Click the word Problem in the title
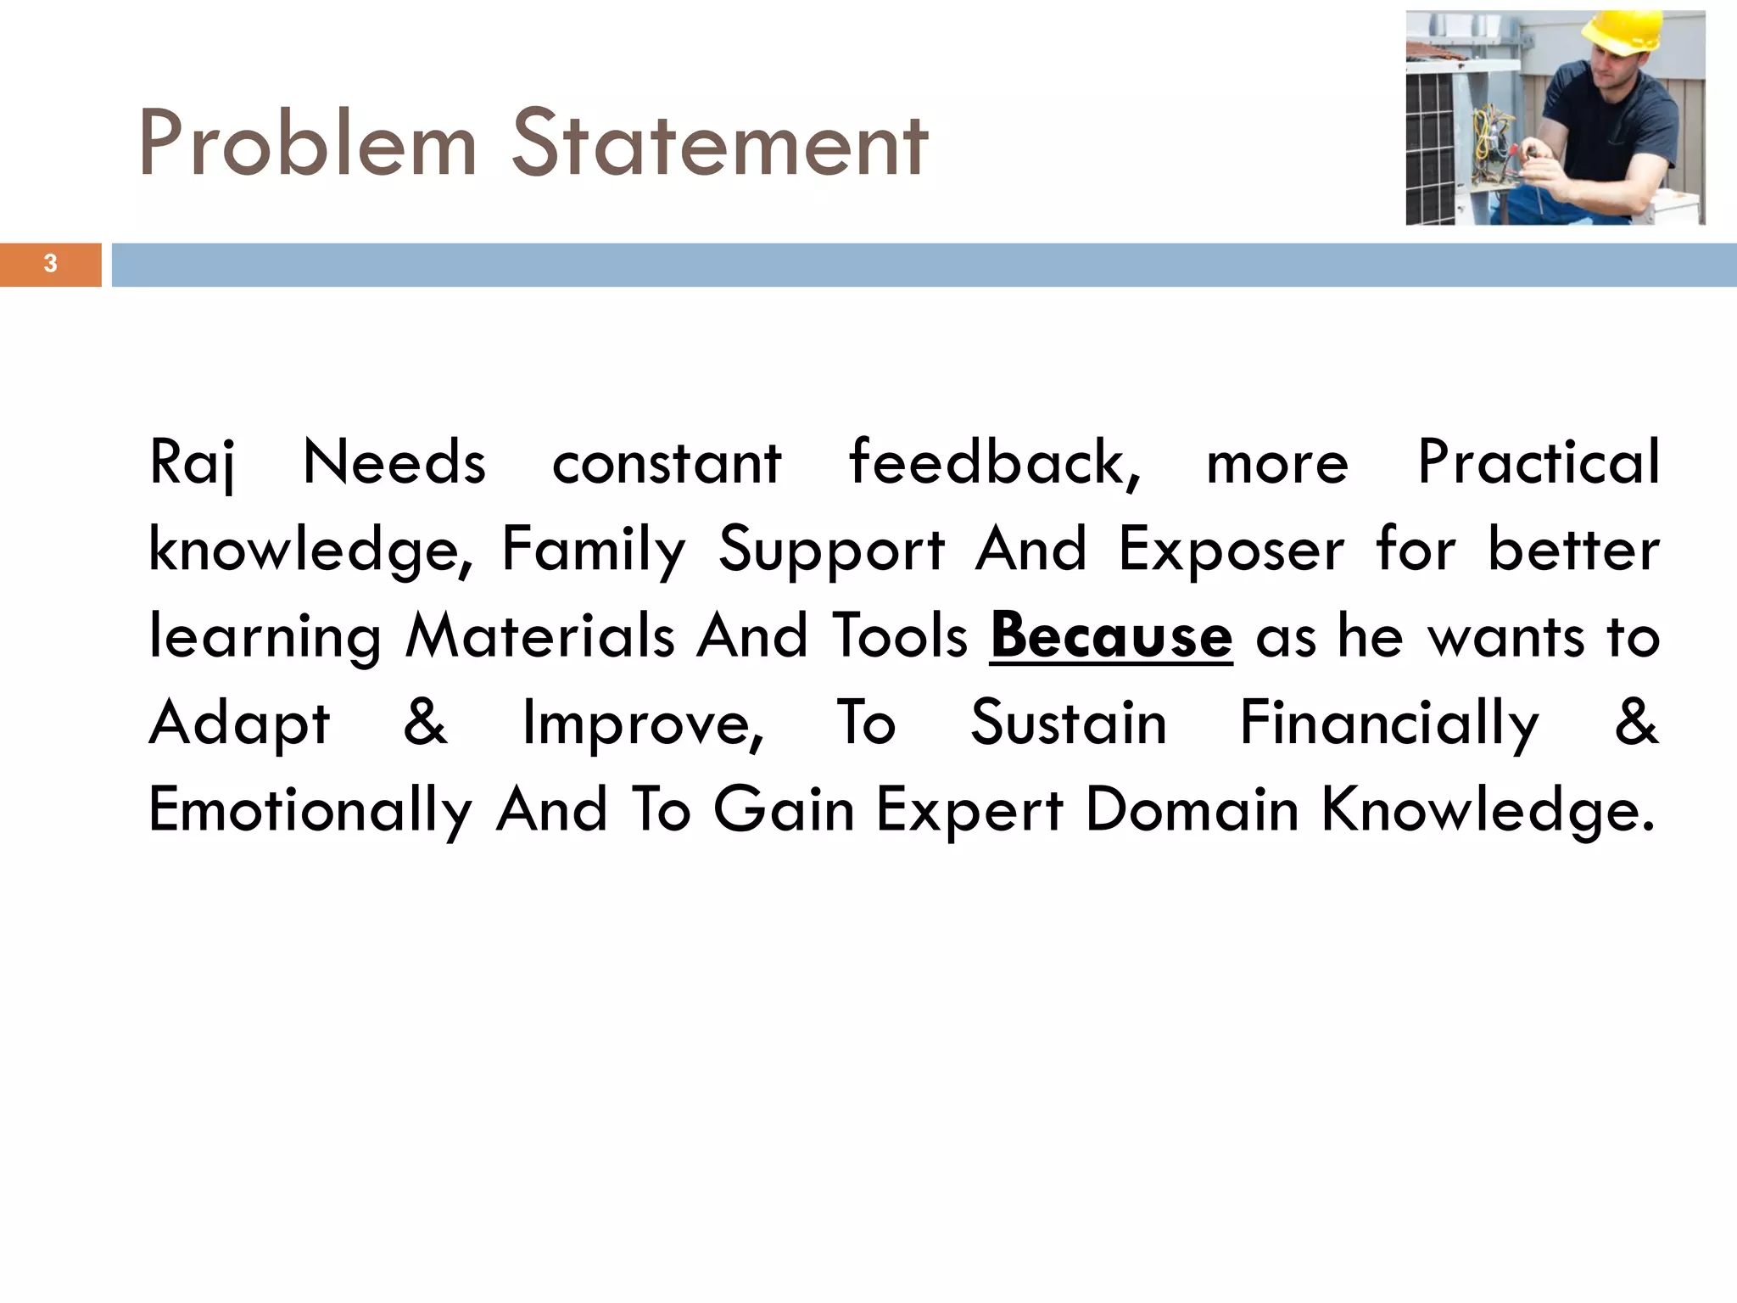307,144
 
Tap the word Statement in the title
720,144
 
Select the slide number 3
50,264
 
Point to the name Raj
192,463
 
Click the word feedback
994,463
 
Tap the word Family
593,550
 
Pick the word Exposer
1232,550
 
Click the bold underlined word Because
1111,636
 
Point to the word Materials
540,636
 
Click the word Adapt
239,724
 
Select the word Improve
643,724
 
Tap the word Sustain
1069,724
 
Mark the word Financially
1389,724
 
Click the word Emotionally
310,810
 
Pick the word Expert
969,810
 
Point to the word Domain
1192,810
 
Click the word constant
667,463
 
